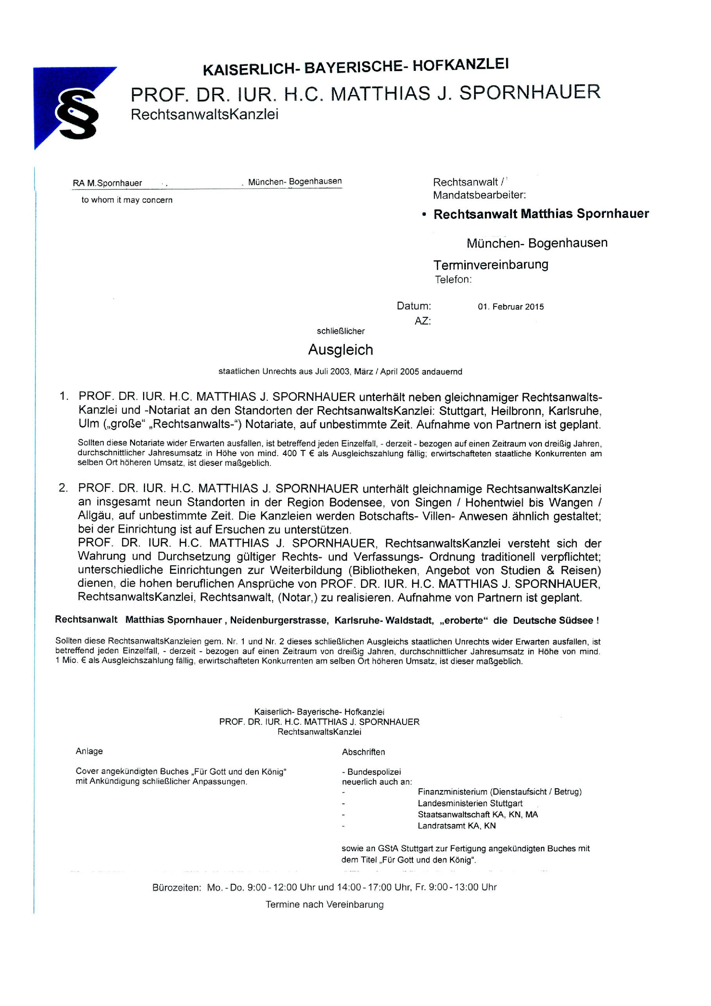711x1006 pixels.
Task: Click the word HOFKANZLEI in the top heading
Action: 461,66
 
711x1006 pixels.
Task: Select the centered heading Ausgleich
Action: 340,350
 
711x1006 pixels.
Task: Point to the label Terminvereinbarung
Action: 491,265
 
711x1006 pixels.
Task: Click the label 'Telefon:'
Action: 453,280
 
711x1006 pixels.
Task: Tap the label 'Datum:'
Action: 414,306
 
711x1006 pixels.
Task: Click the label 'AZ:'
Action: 422,321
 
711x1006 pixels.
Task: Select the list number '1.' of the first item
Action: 64,397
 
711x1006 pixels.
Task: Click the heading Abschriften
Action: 363,752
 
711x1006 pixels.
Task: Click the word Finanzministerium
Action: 452,792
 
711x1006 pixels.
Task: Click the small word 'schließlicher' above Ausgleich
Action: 340,331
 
